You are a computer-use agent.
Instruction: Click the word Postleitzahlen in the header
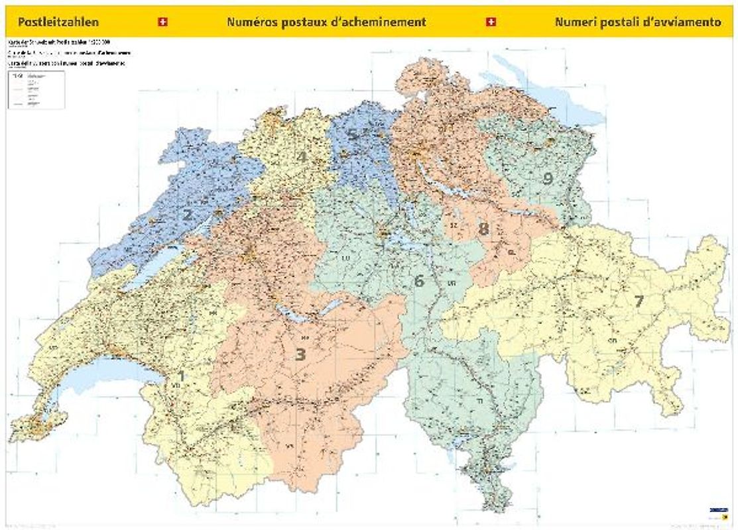pyautogui.click(x=58, y=22)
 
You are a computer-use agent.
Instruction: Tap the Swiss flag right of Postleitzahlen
pyautogui.click(x=162, y=22)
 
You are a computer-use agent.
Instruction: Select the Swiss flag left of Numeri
pyautogui.click(x=491, y=22)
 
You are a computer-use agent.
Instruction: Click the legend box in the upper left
pyautogui.click(x=36, y=89)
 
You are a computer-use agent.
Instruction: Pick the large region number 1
pyautogui.click(x=180, y=376)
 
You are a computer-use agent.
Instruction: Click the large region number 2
pyautogui.click(x=188, y=215)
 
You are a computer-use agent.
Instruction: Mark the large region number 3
pyautogui.click(x=300, y=354)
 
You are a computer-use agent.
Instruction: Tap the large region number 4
pyautogui.click(x=301, y=158)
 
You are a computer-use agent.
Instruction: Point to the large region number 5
pyautogui.click(x=353, y=135)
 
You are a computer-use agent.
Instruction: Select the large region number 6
pyautogui.click(x=418, y=281)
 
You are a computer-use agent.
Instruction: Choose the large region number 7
pyautogui.click(x=639, y=301)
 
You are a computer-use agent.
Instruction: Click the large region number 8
pyautogui.click(x=483, y=229)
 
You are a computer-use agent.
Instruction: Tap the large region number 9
pyautogui.click(x=548, y=178)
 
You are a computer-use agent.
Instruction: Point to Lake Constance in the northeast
pyautogui.click(x=564, y=99)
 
